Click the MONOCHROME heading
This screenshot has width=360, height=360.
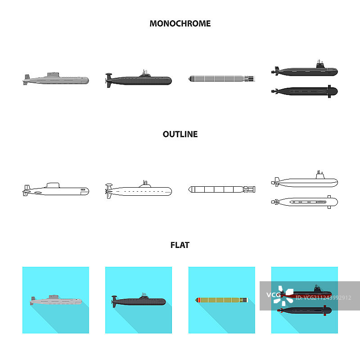click(x=180, y=23)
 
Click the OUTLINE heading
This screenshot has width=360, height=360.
click(x=180, y=134)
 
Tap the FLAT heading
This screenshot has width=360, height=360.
click(x=180, y=245)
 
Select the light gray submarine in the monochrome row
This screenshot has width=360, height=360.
click(x=56, y=79)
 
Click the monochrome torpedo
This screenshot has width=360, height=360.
click(x=221, y=79)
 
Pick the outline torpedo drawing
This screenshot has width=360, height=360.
click(x=221, y=189)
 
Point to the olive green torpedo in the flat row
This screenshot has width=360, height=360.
click(x=221, y=299)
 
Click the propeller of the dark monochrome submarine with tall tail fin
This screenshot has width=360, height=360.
click(x=108, y=81)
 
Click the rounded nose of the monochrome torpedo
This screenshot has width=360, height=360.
click(x=190, y=79)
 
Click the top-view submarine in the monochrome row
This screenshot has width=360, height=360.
click(x=305, y=91)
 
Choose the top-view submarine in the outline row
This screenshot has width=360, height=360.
click(x=305, y=202)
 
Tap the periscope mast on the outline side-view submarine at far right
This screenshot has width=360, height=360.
click(x=320, y=172)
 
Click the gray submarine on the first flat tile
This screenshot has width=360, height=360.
click(x=56, y=300)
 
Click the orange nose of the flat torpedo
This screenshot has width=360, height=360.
click(x=197, y=299)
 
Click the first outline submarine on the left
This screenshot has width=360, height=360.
click(x=56, y=189)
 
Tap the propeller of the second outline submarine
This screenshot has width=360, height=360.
click(x=108, y=191)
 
